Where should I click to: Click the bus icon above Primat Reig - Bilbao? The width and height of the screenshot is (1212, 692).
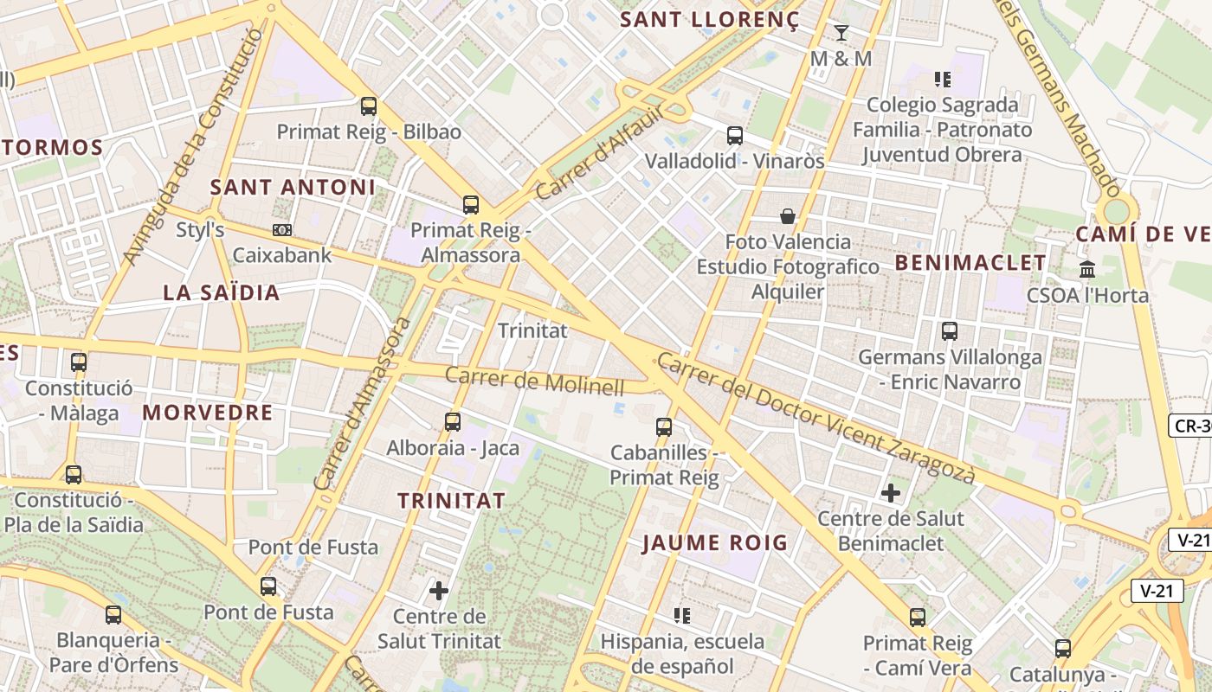(369, 106)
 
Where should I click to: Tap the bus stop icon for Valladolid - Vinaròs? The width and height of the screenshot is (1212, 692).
(734, 136)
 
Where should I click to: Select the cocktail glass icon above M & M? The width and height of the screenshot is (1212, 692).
(841, 33)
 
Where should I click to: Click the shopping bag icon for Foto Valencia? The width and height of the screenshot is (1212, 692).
(788, 215)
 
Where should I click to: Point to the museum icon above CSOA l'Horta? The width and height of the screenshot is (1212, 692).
(1087, 269)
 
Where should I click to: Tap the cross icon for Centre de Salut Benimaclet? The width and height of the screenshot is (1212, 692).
(891, 493)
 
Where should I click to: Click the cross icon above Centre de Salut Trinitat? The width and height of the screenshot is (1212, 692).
(439, 591)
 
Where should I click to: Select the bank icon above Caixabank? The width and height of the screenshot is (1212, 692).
(282, 230)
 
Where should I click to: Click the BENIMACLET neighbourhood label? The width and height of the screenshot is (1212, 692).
(970, 262)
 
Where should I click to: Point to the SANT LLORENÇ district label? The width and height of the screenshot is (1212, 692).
(710, 20)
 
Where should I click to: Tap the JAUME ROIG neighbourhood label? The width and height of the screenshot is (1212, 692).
(715, 543)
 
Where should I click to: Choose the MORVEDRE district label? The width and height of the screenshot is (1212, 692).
(208, 413)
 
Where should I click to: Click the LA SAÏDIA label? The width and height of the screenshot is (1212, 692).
(222, 292)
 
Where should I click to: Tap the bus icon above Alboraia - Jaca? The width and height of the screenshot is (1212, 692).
(453, 422)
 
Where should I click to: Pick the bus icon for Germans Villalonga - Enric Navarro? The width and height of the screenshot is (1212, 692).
(950, 330)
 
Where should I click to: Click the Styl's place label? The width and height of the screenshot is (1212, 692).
(200, 230)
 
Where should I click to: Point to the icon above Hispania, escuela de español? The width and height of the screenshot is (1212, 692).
(682, 615)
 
